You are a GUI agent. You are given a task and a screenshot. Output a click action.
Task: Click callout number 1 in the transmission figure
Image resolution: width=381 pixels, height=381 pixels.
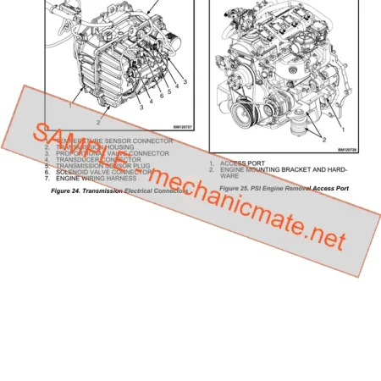pos(69,108)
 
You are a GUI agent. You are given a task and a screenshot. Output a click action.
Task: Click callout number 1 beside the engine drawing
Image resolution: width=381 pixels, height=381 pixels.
pos(342,130)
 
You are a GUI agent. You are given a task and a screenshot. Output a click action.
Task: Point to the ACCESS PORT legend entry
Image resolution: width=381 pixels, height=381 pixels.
pos(243,163)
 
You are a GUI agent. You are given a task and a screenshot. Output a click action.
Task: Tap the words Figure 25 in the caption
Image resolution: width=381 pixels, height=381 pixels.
pos(236,187)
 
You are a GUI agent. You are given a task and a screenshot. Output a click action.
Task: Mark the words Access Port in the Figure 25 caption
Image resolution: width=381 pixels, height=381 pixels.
pos(329,187)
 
